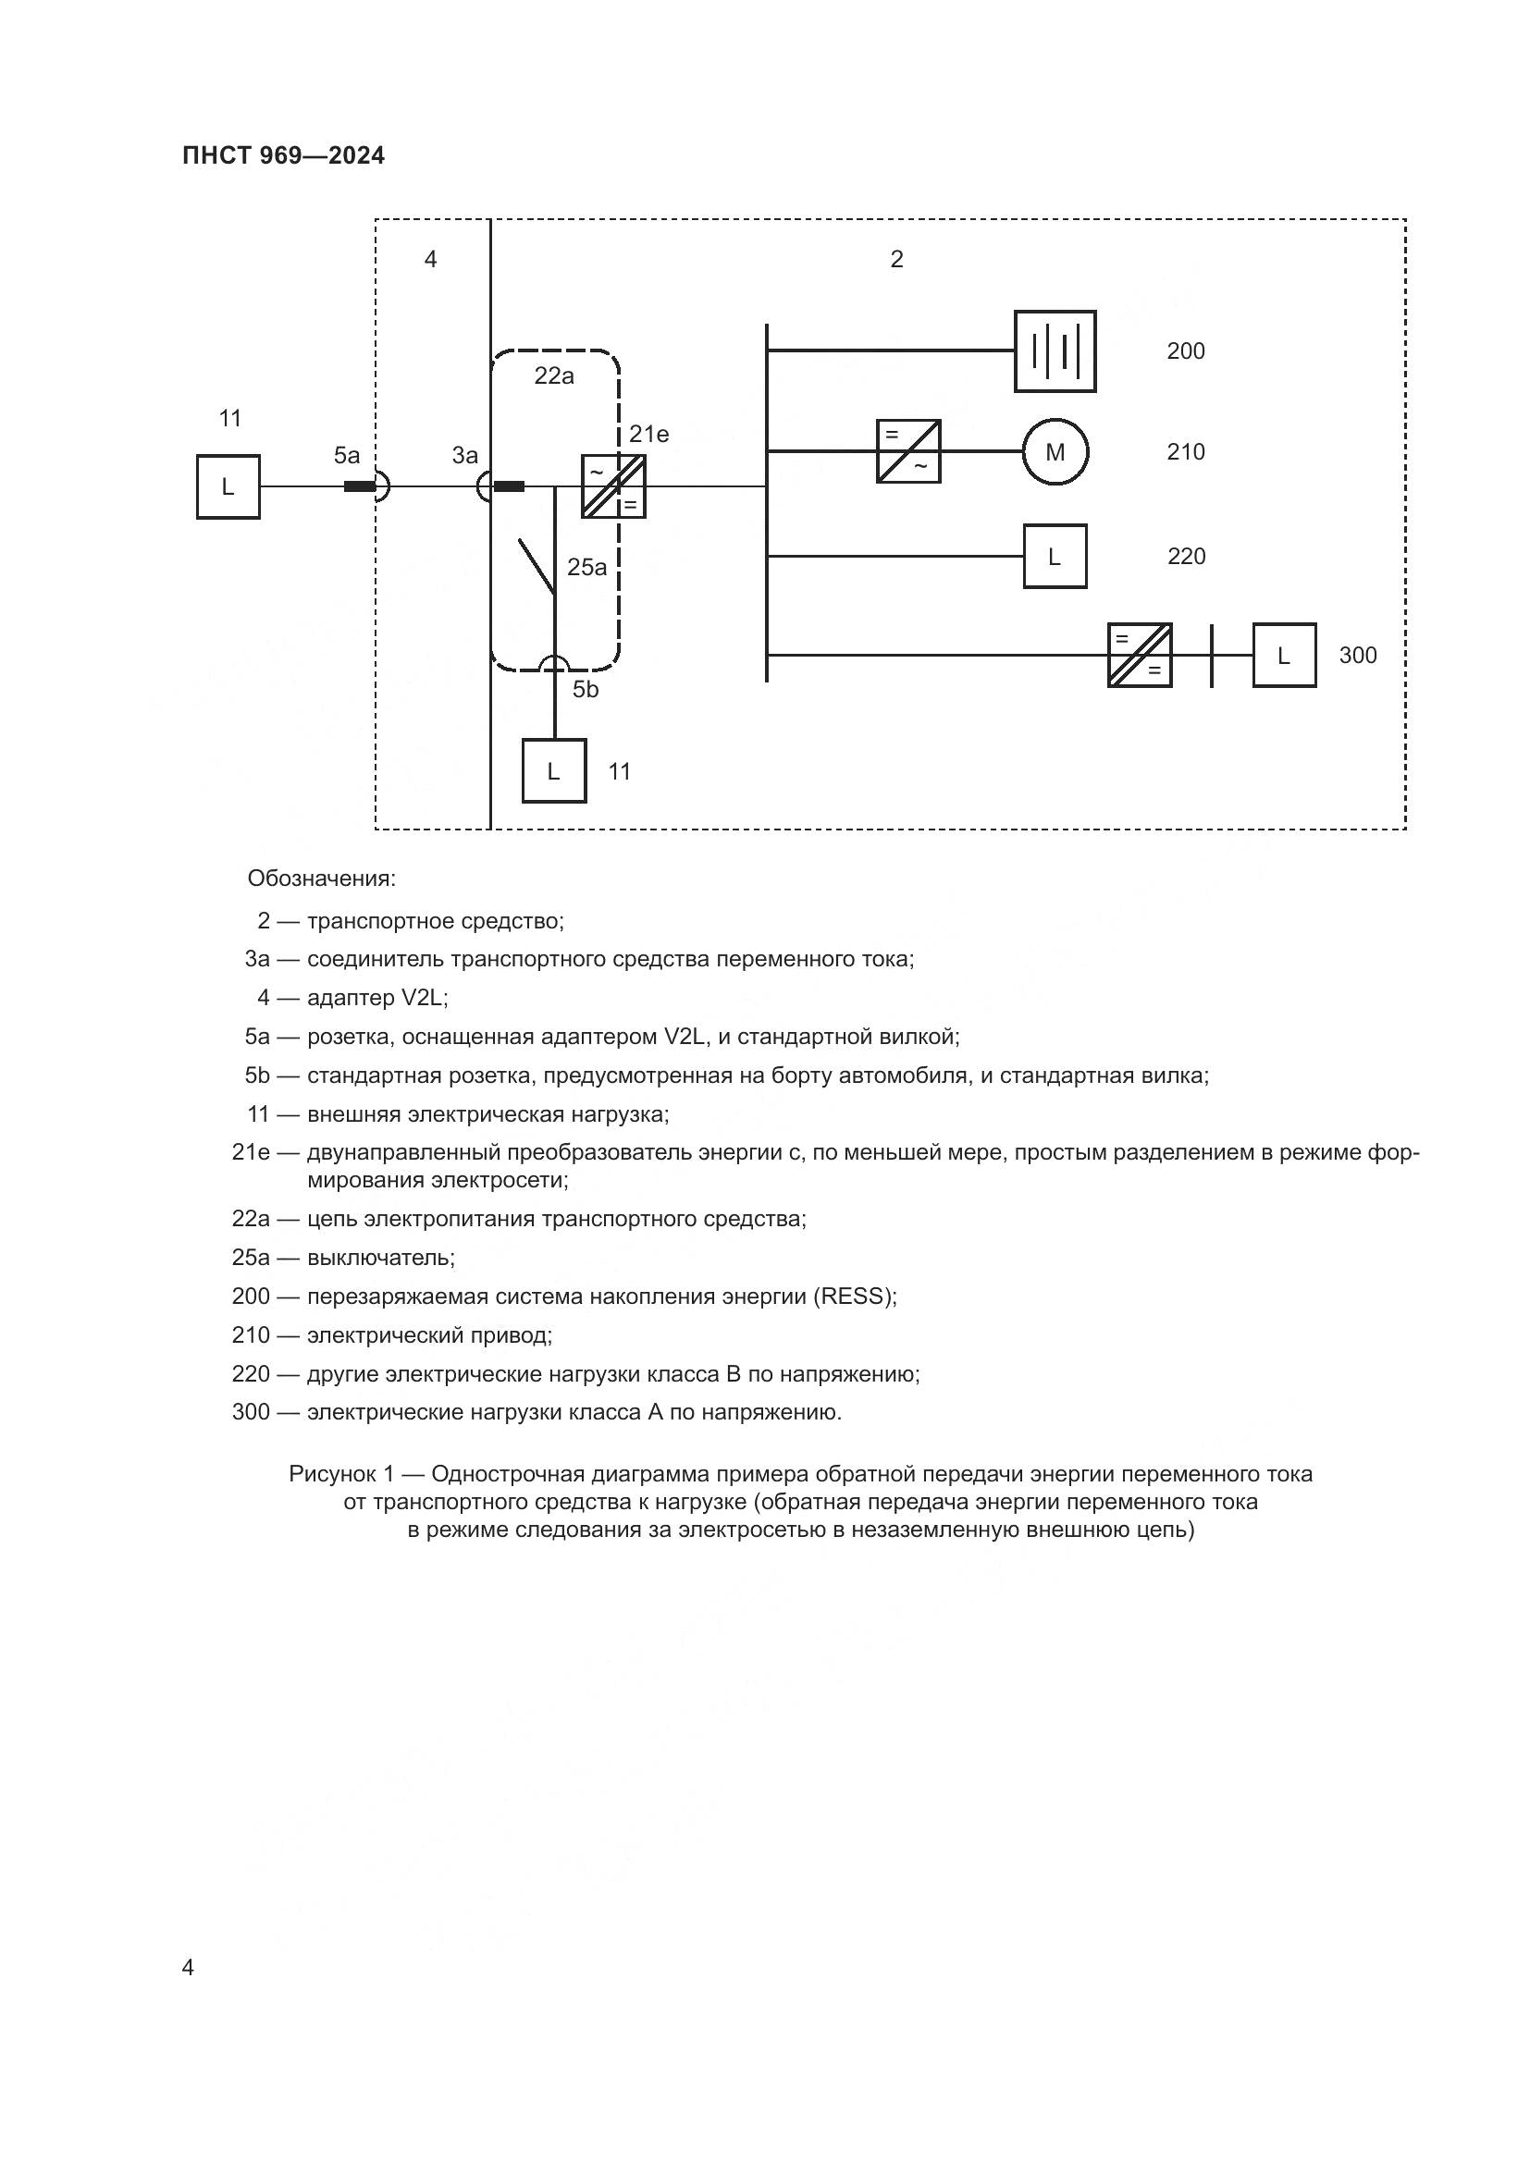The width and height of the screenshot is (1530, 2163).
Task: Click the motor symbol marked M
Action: (1055, 452)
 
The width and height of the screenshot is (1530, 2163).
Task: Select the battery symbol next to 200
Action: (1055, 351)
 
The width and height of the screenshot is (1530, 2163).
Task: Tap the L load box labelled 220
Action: (1055, 557)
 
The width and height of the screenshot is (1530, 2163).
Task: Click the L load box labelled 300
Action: (1283, 656)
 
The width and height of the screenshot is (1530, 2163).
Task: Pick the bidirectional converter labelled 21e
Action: (613, 487)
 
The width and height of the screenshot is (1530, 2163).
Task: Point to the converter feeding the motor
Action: (908, 451)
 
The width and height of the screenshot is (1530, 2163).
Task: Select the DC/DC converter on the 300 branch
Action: (1139, 656)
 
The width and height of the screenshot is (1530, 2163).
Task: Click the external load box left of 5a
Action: (228, 487)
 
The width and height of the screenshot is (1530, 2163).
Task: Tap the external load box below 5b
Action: (554, 770)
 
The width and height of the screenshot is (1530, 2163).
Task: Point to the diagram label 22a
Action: (554, 375)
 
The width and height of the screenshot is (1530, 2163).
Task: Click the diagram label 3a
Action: (464, 456)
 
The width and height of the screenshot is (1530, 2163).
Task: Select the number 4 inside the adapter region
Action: (430, 259)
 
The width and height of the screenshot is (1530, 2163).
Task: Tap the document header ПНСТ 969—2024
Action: (284, 156)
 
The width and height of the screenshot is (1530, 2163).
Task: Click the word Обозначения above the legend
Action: (321, 879)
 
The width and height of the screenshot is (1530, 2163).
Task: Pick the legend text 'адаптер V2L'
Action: (376, 998)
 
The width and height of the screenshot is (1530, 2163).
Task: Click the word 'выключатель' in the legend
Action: (380, 1258)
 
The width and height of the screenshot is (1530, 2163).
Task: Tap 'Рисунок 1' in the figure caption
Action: (341, 1473)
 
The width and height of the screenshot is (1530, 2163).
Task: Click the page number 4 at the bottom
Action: (188, 1967)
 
